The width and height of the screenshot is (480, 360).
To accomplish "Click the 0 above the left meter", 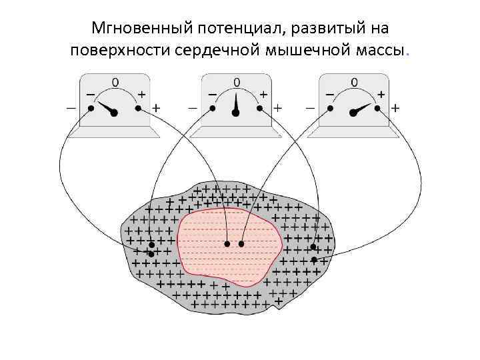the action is (x=115, y=82).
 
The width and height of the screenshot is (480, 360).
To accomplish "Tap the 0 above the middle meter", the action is (x=236, y=82).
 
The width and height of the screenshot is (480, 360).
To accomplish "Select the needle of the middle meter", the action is (x=235, y=105).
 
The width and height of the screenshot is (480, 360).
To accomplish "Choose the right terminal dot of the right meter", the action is (x=377, y=107).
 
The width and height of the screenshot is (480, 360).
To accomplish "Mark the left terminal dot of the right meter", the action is (x=329, y=107).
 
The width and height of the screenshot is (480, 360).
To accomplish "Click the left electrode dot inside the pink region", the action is (x=227, y=244).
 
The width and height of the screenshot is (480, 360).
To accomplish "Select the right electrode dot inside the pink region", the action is (x=242, y=244).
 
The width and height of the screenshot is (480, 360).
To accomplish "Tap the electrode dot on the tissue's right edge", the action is (x=313, y=259).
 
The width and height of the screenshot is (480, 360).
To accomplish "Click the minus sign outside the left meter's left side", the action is (x=71, y=107).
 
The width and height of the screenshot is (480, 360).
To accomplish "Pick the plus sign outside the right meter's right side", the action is (x=396, y=107).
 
